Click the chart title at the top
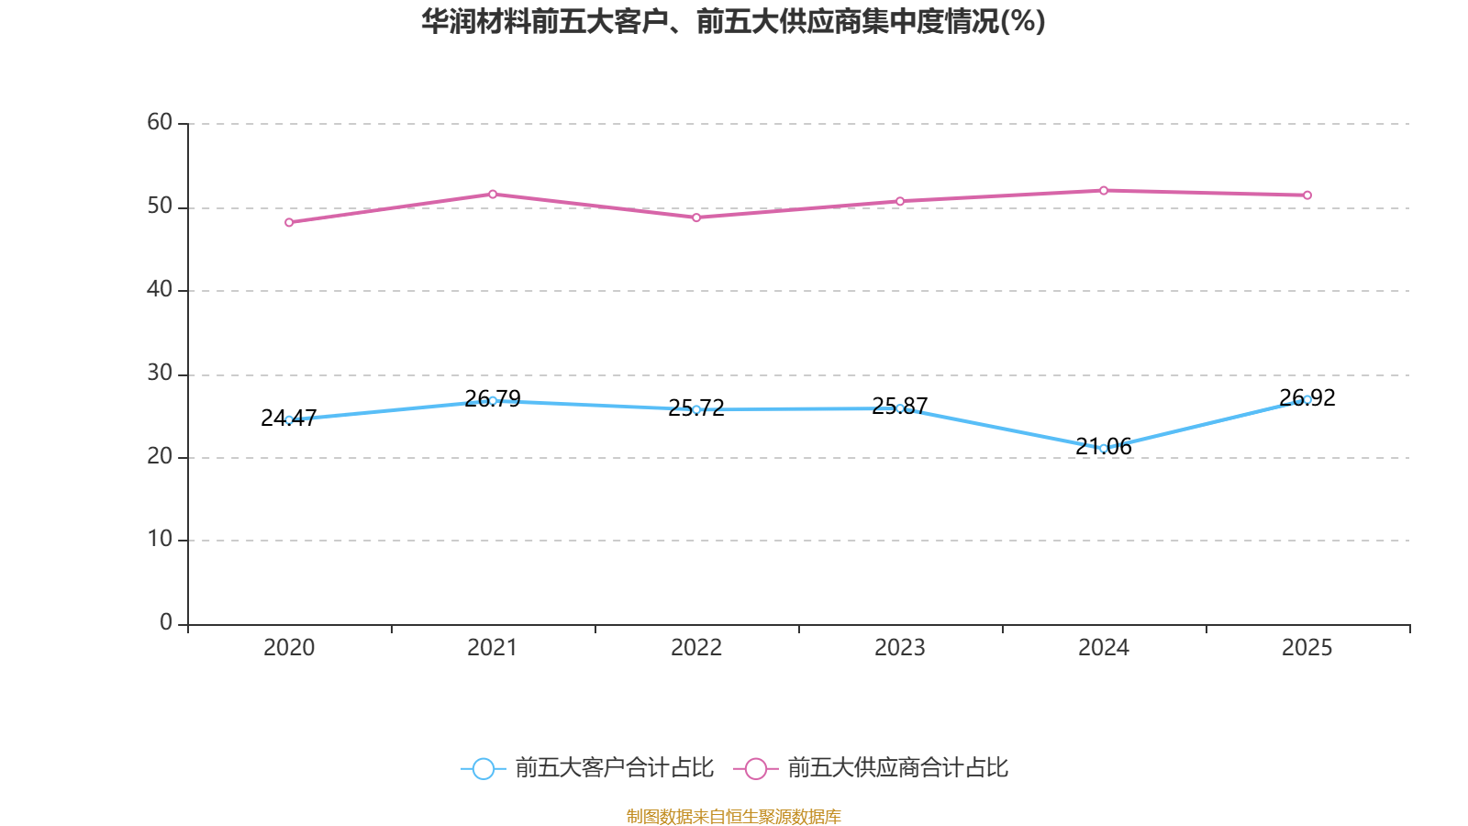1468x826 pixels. click(733, 21)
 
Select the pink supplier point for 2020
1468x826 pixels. click(289, 222)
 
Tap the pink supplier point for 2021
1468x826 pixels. click(493, 194)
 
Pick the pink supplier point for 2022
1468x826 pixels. click(696, 218)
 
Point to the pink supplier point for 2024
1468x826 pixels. click(1104, 190)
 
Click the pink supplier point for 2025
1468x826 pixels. click(1307, 195)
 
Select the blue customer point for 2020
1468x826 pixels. click(289, 419)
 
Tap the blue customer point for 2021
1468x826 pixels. click(493, 400)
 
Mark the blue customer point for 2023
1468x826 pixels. click(900, 408)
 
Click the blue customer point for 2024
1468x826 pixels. click(1104, 449)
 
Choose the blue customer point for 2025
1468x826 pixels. click(1307, 399)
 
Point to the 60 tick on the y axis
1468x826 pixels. click(160, 122)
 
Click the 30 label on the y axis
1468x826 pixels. click(160, 373)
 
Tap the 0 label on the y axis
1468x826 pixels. click(166, 622)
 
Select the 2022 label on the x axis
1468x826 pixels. click(696, 648)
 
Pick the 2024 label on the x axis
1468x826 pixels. click(1104, 648)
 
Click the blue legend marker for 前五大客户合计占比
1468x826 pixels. click(484, 768)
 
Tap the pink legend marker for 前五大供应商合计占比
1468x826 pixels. click(756, 768)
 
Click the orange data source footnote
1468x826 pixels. click(733, 816)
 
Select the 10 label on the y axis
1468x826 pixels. click(160, 539)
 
